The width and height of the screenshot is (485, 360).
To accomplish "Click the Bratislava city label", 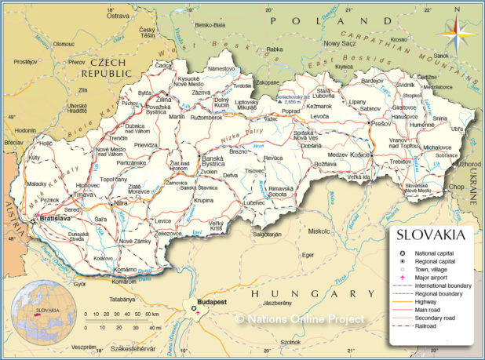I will (56, 217).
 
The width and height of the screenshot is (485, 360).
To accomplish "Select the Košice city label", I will (359, 155).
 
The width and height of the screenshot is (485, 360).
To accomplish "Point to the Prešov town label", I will (381, 122).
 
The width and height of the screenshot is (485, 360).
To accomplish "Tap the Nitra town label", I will (121, 203).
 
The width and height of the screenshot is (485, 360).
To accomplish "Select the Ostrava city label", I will (118, 15).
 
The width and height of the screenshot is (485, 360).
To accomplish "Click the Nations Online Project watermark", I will (300, 319).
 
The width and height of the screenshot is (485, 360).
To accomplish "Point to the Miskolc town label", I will (319, 231).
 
